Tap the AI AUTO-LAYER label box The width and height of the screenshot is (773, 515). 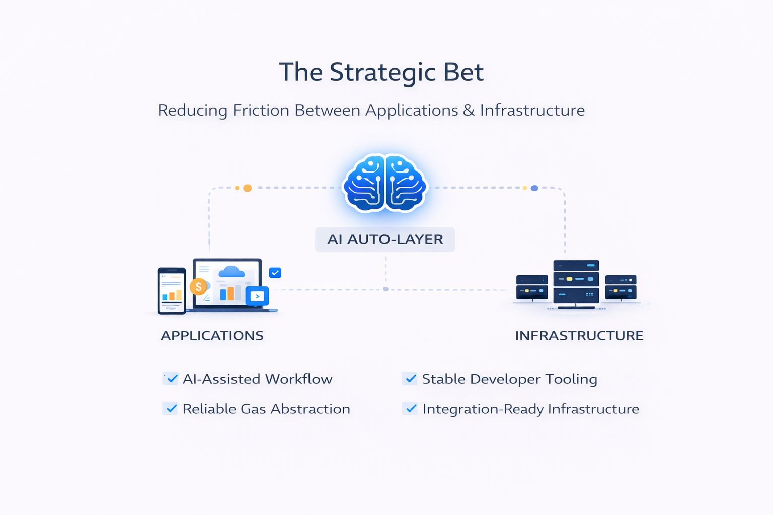(x=385, y=239)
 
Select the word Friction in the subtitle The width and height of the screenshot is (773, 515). (x=261, y=110)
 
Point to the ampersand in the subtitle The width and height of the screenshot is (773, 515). (x=469, y=110)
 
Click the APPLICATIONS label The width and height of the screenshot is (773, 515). (x=212, y=336)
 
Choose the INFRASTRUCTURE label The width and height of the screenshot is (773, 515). (x=579, y=336)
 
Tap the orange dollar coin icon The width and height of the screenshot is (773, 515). (x=198, y=287)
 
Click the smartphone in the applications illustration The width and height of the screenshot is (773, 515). (x=172, y=291)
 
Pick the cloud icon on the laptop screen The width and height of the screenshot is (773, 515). (x=231, y=272)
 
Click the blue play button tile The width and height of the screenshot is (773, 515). (x=257, y=296)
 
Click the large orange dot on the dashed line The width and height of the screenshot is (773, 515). (x=247, y=188)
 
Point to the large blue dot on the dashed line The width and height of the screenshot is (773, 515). (x=534, y=188)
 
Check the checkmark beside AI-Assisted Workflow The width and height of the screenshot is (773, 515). (x=172, y=379)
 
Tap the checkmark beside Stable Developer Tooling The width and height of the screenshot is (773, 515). (x=411, y=379)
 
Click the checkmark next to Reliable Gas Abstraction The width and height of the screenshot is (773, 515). (x=171, y=409)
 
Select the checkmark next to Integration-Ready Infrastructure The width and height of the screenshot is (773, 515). (x=411, y=409)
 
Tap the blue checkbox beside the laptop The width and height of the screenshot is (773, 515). (x=275, y=273)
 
